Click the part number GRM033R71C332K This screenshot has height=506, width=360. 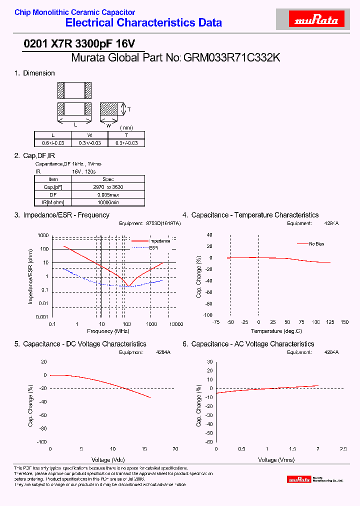click(x=232, y=58)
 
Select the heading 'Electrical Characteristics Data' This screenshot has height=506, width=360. click(x=143, y=22)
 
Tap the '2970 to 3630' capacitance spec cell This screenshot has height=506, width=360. click(x=108, y=186)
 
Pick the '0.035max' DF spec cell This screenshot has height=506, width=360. click(x=108, y=194)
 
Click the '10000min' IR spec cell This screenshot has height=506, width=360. click(x=108, y=202)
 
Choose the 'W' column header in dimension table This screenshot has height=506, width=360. click(x=89, y=135)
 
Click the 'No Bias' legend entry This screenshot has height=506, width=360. click(x=316, y=244)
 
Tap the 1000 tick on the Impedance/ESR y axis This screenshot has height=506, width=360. click(x=43, y=235)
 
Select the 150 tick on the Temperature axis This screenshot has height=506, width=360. click(x=344, y=322)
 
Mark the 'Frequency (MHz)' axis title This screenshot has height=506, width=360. click(x=108, y=331)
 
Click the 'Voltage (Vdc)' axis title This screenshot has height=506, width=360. click(x=108, y=459)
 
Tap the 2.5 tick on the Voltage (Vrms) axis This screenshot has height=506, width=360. click(x=343, y=449)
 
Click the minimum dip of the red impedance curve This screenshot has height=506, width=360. click(x=129, y=286)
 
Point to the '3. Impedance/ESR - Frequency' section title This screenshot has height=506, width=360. click(x=61, y=215)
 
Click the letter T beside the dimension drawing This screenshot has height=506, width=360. click(x=129, y=109)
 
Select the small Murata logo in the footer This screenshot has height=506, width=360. click(x=299, y=479)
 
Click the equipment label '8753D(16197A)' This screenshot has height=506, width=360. click(x=163, y=223)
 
